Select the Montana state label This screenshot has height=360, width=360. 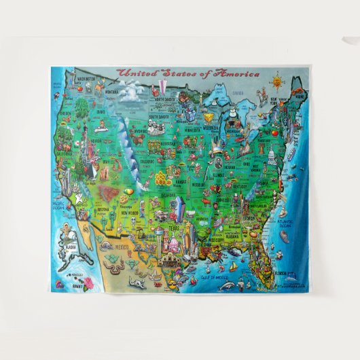pyautogui.click(x=111, y=91)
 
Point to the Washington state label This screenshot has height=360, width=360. pyautogui.click(x=86, y=79)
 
